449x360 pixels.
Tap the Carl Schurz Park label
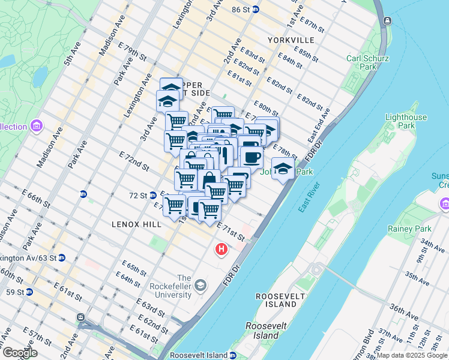[x=362, y=62]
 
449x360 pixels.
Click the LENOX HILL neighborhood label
[x=136, y=224]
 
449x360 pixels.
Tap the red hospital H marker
[x=221, y=248]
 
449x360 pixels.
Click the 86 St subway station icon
[x=255, y=10]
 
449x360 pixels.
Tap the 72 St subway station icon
[x=154, y=196]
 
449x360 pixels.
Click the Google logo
[x=20, y=353]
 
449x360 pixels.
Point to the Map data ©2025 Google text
[x=412, y=355]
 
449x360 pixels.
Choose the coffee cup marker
[x=252, y=157]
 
